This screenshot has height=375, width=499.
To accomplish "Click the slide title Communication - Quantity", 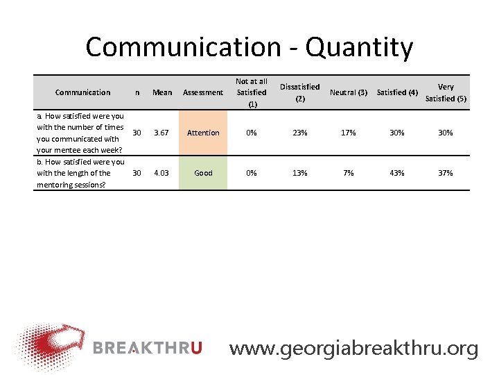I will pos(249,47).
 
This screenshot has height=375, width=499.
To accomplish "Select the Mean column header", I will pos(162,92).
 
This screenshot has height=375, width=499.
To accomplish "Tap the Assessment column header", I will pos(203,92).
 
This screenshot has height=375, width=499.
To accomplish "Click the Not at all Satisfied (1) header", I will pos(251,92).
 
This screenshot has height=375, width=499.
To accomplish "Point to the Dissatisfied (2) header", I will pos(299,92).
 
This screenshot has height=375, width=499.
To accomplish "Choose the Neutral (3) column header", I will pos(349,92).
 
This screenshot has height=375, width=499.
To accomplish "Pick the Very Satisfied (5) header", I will pos(446,92).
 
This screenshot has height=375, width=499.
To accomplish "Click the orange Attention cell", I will pos(203,133).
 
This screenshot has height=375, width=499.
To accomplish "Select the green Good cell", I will pos(203,173).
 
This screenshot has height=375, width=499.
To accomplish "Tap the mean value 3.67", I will pos(162,133).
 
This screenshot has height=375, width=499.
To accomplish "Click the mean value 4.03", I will pos(162,173).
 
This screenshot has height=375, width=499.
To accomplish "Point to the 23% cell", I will pos(299,133).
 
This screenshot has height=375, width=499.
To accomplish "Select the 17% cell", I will pos(349,133).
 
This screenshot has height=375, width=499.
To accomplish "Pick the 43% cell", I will pos(397,173).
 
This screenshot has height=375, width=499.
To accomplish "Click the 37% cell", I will pos(446,173).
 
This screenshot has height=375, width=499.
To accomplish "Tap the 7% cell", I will pos(349,173).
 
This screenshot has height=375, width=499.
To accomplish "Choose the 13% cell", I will pos(299,173).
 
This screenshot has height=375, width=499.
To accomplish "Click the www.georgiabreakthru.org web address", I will pos(353,348).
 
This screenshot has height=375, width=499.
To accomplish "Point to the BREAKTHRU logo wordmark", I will pos(147,348).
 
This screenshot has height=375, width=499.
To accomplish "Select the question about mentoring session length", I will pos(80,173).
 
